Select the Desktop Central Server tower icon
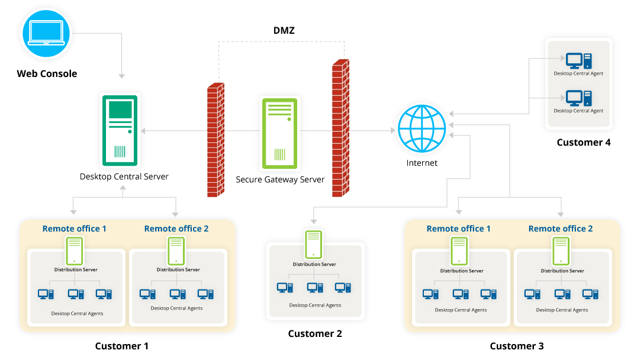pos(120,130)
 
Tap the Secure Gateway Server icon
pos(279,133)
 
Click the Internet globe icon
pos(422,128)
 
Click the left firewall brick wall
pos(215,140)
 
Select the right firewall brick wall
pos(340,128)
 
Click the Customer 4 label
pos(583,142)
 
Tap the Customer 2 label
pos(315,333)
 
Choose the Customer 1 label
pos(122,346)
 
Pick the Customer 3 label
pos(516,346)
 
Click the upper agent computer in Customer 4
pos(578,60)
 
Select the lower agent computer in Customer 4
pos(578,97)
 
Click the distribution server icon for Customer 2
pos(314,244)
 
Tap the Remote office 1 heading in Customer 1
pos(75,229)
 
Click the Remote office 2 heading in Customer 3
pos(561,229)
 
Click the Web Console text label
pos(47,74)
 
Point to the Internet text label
pos(422,163)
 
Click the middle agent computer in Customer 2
pos(315,288)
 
